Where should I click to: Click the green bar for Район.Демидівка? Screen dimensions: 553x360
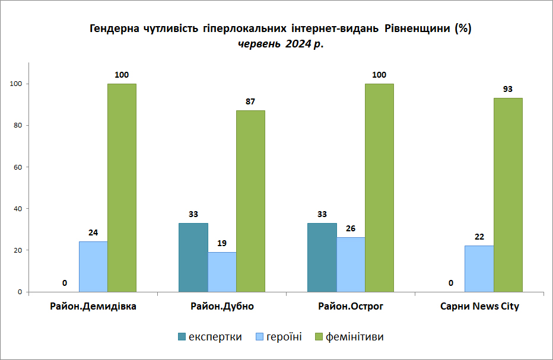122,187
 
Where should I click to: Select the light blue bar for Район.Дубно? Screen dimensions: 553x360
222,272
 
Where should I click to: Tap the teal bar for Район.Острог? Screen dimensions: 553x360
322,257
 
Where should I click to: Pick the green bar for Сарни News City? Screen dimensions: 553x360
508,195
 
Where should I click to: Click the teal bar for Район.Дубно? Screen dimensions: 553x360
193,257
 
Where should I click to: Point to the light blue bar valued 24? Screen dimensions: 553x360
93,266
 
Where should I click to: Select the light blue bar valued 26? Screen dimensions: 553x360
351,265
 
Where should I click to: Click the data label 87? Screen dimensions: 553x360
250,101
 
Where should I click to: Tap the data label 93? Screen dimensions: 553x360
507,89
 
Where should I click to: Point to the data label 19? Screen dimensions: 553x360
221,243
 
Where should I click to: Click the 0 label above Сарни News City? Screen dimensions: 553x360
451,283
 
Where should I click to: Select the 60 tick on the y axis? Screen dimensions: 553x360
18,167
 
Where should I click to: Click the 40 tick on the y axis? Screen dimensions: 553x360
18,209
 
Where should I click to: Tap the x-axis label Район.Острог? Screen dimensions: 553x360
351,306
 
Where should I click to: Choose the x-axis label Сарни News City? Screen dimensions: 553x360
479,306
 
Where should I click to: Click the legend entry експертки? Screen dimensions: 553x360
210,337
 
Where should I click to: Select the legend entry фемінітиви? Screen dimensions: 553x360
349,337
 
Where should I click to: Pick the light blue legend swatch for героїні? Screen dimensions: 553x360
259,337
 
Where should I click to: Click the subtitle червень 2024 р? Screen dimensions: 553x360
281,44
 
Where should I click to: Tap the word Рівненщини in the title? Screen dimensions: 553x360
417,28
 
